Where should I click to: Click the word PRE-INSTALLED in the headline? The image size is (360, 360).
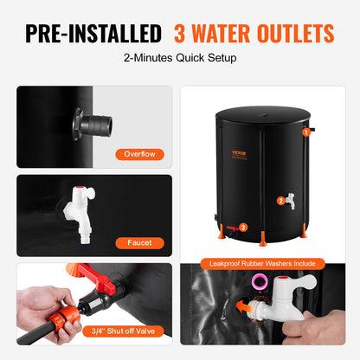93,34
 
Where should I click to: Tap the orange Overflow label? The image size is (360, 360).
139,155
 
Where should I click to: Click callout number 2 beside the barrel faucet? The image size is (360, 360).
256,200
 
